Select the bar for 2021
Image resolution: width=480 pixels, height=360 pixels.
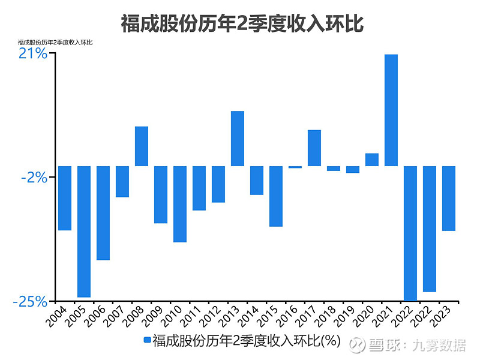point(391,110)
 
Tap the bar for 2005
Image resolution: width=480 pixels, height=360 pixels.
point(84,232)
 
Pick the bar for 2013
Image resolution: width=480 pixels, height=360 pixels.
point(238,139)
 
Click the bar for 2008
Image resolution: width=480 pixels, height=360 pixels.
point(142,146)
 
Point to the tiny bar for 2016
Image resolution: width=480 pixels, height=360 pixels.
point(295,167)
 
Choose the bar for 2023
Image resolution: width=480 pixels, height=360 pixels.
point(449,199)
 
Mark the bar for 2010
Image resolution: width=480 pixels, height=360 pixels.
point(180,204)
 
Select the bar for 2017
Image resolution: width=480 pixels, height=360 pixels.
point(314,148)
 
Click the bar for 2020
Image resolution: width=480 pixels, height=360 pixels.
point(372,160)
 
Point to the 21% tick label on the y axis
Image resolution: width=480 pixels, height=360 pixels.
point(32,53)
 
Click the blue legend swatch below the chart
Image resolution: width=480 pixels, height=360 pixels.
point(148,341)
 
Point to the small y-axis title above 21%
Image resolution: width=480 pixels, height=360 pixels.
point(55,42)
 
